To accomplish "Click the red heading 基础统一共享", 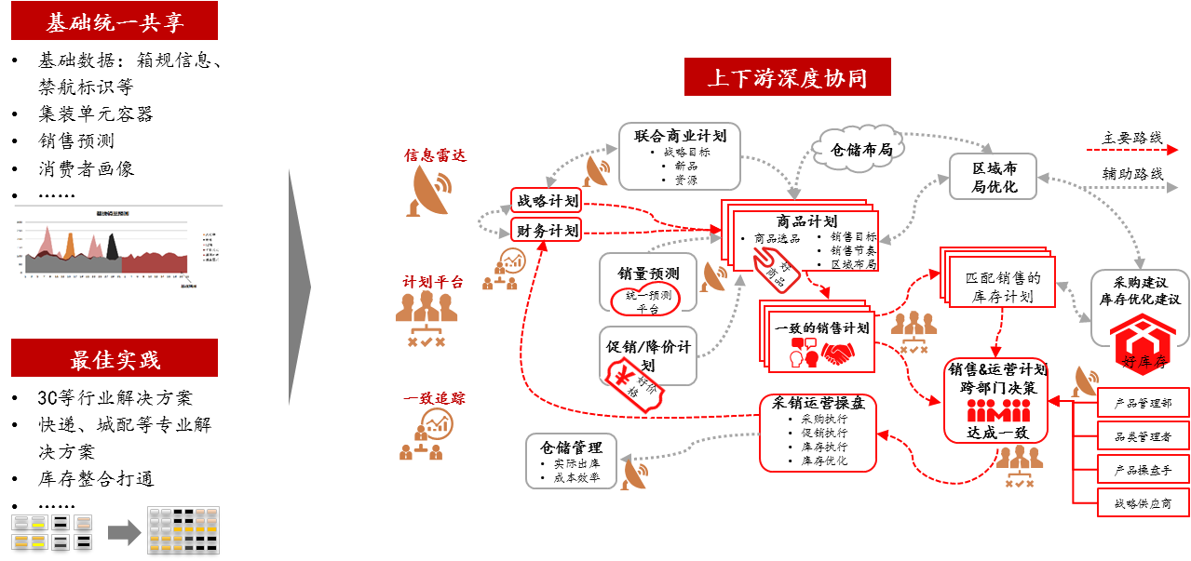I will tap(115, 21).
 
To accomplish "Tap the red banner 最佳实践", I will tap(115, 358).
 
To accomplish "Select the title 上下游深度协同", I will tap(787, 77).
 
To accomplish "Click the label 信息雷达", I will tap(434, 155).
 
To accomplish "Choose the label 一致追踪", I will tap(434, 398).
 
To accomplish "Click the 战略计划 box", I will tap(546, 201).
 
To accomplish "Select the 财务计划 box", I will tap(546, 229).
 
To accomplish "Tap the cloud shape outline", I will tap(856, 145).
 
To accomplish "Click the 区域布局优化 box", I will tap(993, 177).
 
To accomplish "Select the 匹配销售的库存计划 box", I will tap(1002, 287).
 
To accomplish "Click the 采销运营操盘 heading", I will tap(819, 403).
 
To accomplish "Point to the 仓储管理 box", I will tap(571, 461).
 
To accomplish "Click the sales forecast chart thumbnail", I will tap(118, 247).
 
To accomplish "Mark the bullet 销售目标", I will tap(851, 236).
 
